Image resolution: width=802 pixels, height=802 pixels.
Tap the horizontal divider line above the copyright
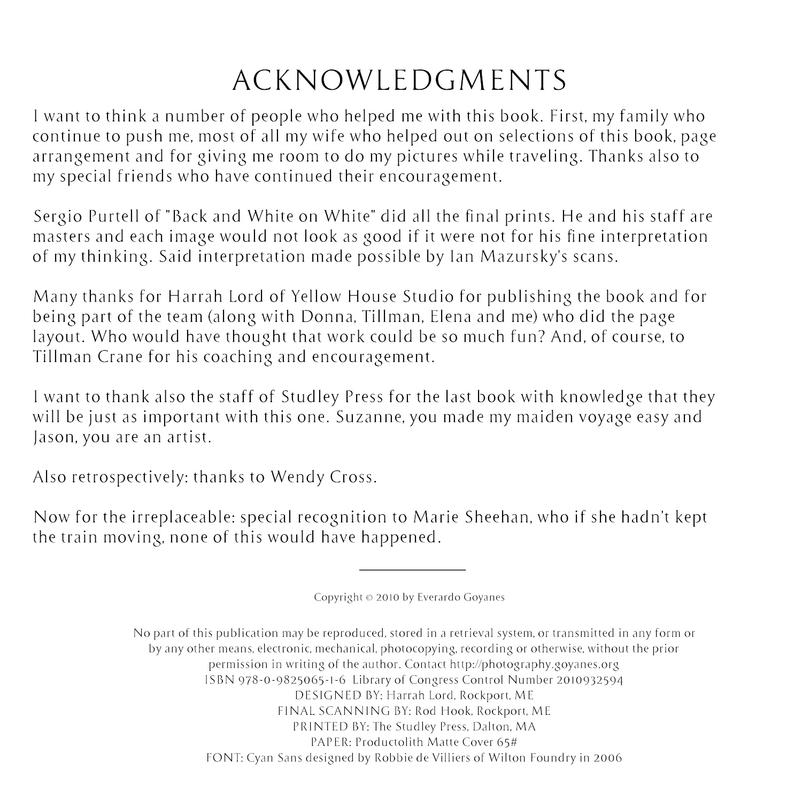point(412,570)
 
